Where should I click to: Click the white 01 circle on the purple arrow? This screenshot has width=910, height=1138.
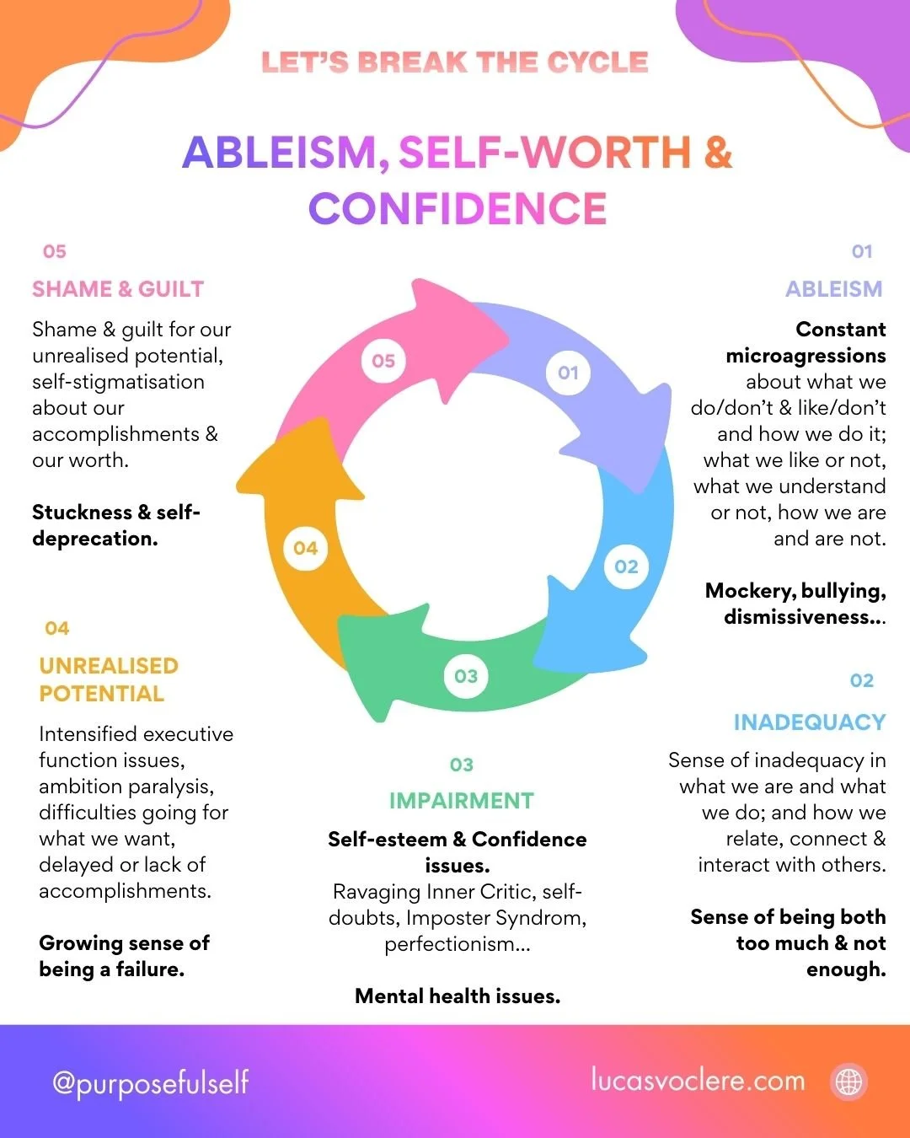pyautogui.click(x=568, y=373)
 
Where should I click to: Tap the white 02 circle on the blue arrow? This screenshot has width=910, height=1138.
pyautogui.click(x=626, y=566)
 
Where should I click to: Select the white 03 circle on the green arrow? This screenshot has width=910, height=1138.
pyautogui.click(x=466, y=676)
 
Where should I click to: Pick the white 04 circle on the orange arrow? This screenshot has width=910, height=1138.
pyautogui.click(x=305, y=549)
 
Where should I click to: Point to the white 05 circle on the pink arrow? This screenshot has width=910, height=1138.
pyautogui.click(x=383, y=361)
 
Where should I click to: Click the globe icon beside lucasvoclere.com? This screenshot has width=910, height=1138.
pyautogui.click(x=848, y=1081)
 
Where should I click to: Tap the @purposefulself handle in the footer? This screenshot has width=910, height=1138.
pyautogui.click(x=151, y=1082)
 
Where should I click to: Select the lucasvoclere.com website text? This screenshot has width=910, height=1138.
pyautogui.click(x=698, y=1080)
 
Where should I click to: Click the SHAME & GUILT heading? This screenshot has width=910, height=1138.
pyautogui.click(x=118, y=289)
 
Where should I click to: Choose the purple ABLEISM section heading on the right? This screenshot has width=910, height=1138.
pyautogui.click(x=833, y=289)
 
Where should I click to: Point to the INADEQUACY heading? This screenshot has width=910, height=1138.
pyautogui.click(x=809, y=722)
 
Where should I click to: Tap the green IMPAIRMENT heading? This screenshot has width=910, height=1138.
pyautogui.click(x=461, y=801)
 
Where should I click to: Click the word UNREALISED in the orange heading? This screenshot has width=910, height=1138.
pyautogui.click(x=109, y=666)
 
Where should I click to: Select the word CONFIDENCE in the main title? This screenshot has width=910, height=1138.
pyautogui.click(x=458, y=209)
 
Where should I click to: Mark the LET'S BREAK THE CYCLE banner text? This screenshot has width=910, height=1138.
pyautogui.click(x=455, y=62)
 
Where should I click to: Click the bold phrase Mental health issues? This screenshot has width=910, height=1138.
pyautogui.click(x=458, y=996)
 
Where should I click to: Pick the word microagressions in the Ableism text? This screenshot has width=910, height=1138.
pyautogui.click(x=806, y=356)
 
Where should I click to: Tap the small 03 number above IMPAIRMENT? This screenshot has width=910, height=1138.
pyautogui.click(x=461, y=765)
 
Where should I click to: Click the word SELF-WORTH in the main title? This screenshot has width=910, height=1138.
pyautogui.click(x=544, y=153)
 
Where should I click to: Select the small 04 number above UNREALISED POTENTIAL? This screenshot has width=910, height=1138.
pyautogui.click(x=56, y=628)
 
